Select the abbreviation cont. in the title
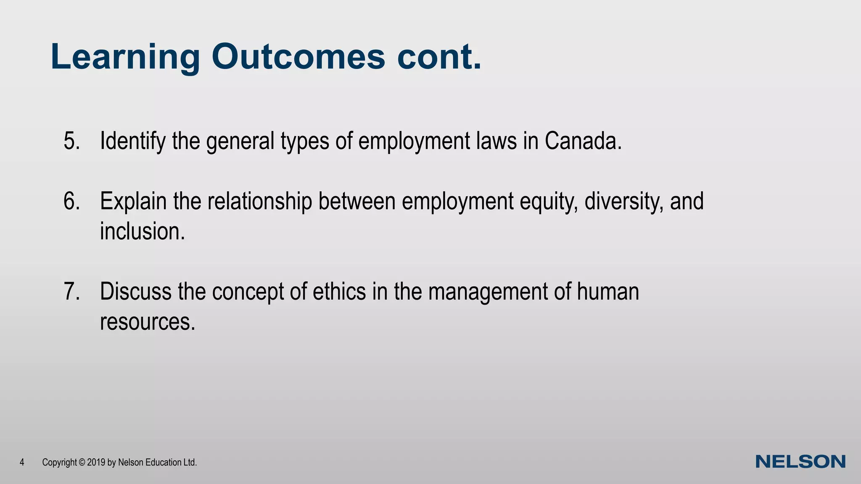pos(439,57)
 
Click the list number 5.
pos(72,141)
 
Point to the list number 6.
pos(72,201)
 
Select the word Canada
pos(583,141)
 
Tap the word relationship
pos(259,202)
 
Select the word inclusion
pos(142,231)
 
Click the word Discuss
pos(135,292)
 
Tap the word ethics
pos(339,292)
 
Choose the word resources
pos(147,322)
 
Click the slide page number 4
pos(22,463)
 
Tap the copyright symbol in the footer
pos(82,463)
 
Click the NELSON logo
pos(800,462)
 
